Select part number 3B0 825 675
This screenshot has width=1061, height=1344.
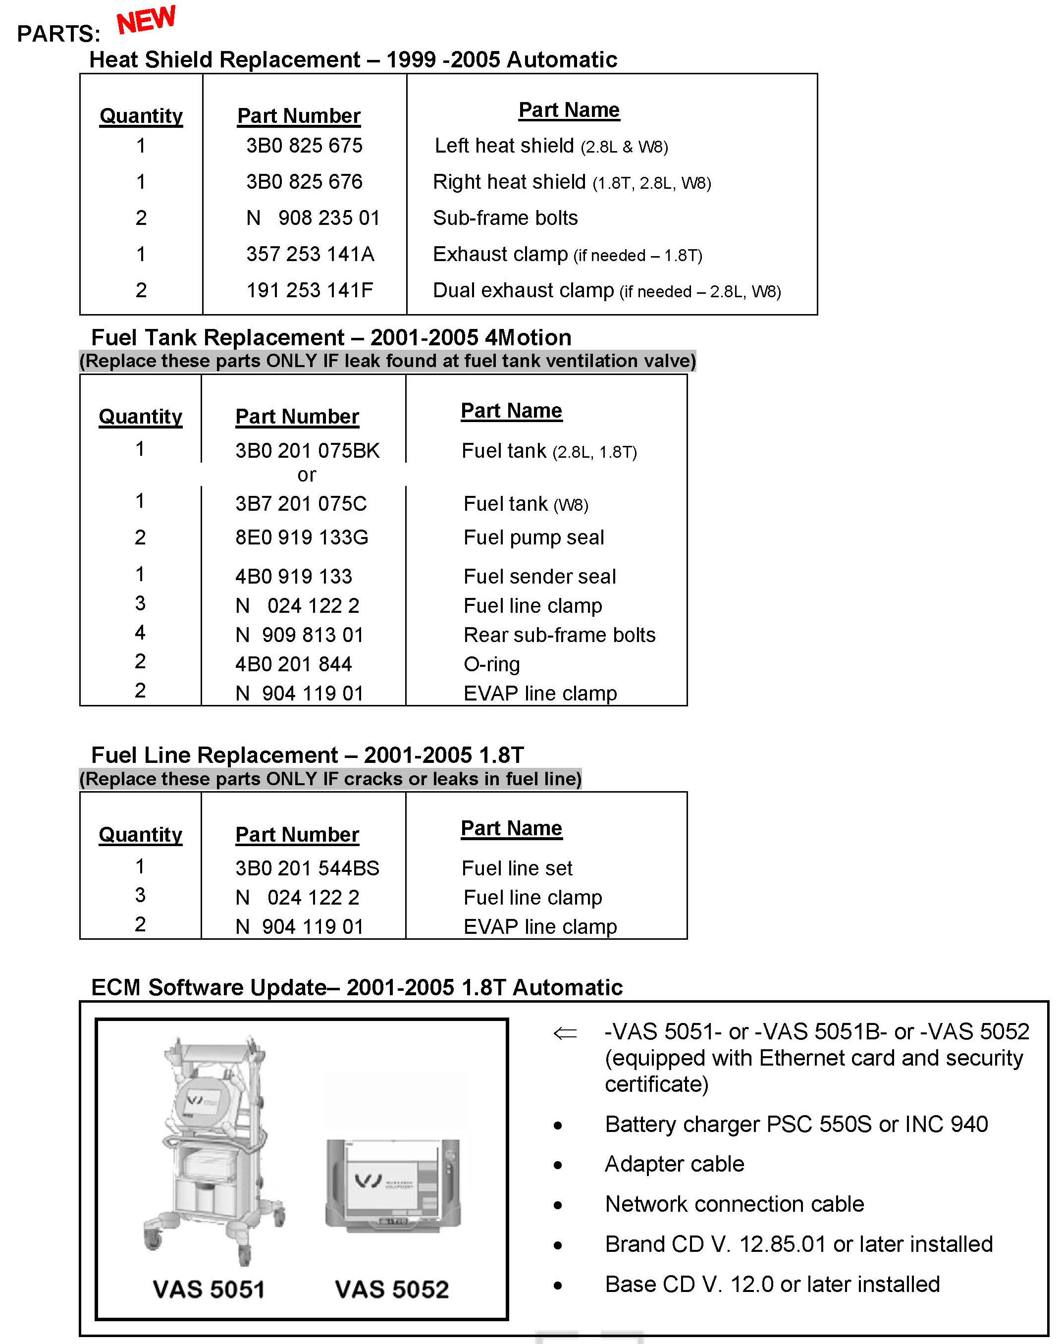pyautogui.click(x=304, y=146)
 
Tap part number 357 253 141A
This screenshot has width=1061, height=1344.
pyautogui.click(x=310, y=254)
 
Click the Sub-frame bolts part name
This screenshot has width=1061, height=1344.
pyautogui.click(x=505, y=218)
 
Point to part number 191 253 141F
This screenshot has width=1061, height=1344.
pyautogui.click(x=310, y=290)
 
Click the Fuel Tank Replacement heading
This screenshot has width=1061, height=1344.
pyautogui.click(x=331, y=337)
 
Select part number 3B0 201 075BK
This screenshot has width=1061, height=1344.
pyautogui.click(x=307, y=450)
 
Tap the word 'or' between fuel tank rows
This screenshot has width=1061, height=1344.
pyautogui.click(x=306, y=475)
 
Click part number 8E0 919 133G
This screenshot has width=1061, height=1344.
pyautogui.click(x=301, y=538)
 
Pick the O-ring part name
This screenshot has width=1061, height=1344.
pyautogui.click(x=491, y=664)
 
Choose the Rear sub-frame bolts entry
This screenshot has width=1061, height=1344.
pyautogui.click(x=559, y=635)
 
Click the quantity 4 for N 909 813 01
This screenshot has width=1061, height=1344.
pyautogui.click(x=140, y=633)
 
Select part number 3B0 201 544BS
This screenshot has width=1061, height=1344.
pyautogui.click(x=307, y=868)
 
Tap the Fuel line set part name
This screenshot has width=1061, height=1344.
pyautogui.click(x=517, y=868)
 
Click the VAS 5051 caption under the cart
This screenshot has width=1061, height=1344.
pyautogui.click(x=209, y=1290)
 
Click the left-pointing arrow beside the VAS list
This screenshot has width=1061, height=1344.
pyautogui.click(x=565, y=1033)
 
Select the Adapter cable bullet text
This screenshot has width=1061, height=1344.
pyautogui.click(x=674, y=1164)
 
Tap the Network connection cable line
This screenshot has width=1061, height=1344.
pyautogui.click(x=734, y=1204)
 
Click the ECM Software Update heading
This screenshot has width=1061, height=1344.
pyautogui.click(x=357, y=987)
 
